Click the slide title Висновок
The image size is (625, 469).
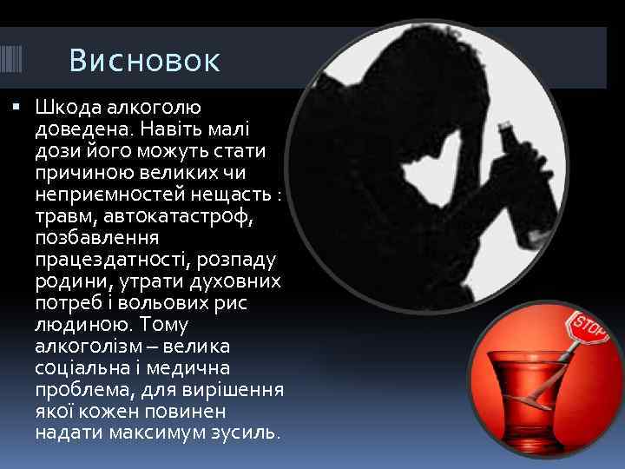tap(145, 62)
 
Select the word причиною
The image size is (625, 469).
tap(83, 172)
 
